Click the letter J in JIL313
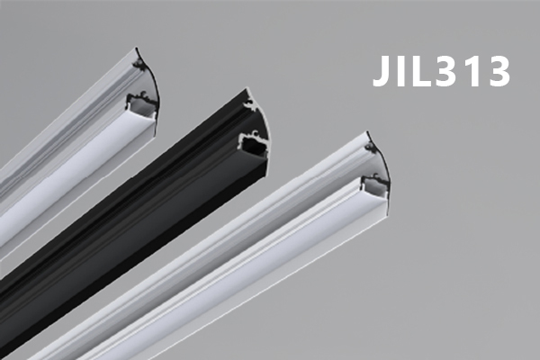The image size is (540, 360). (383, 70)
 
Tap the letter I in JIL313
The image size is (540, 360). (402, 70)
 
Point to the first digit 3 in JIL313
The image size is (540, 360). (445, 70)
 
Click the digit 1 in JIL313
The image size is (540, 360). (468, 70)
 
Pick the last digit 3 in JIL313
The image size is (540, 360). (498, 70)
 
